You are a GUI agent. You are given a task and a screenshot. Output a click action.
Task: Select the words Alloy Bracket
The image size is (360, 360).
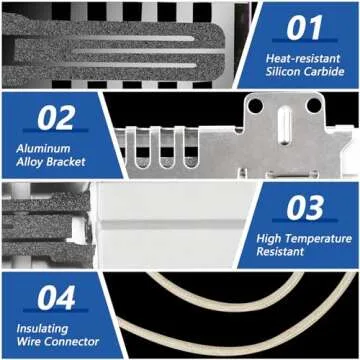tap(50, 163)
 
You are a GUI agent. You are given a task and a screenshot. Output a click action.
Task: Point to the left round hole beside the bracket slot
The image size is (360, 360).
tap(257, 105)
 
